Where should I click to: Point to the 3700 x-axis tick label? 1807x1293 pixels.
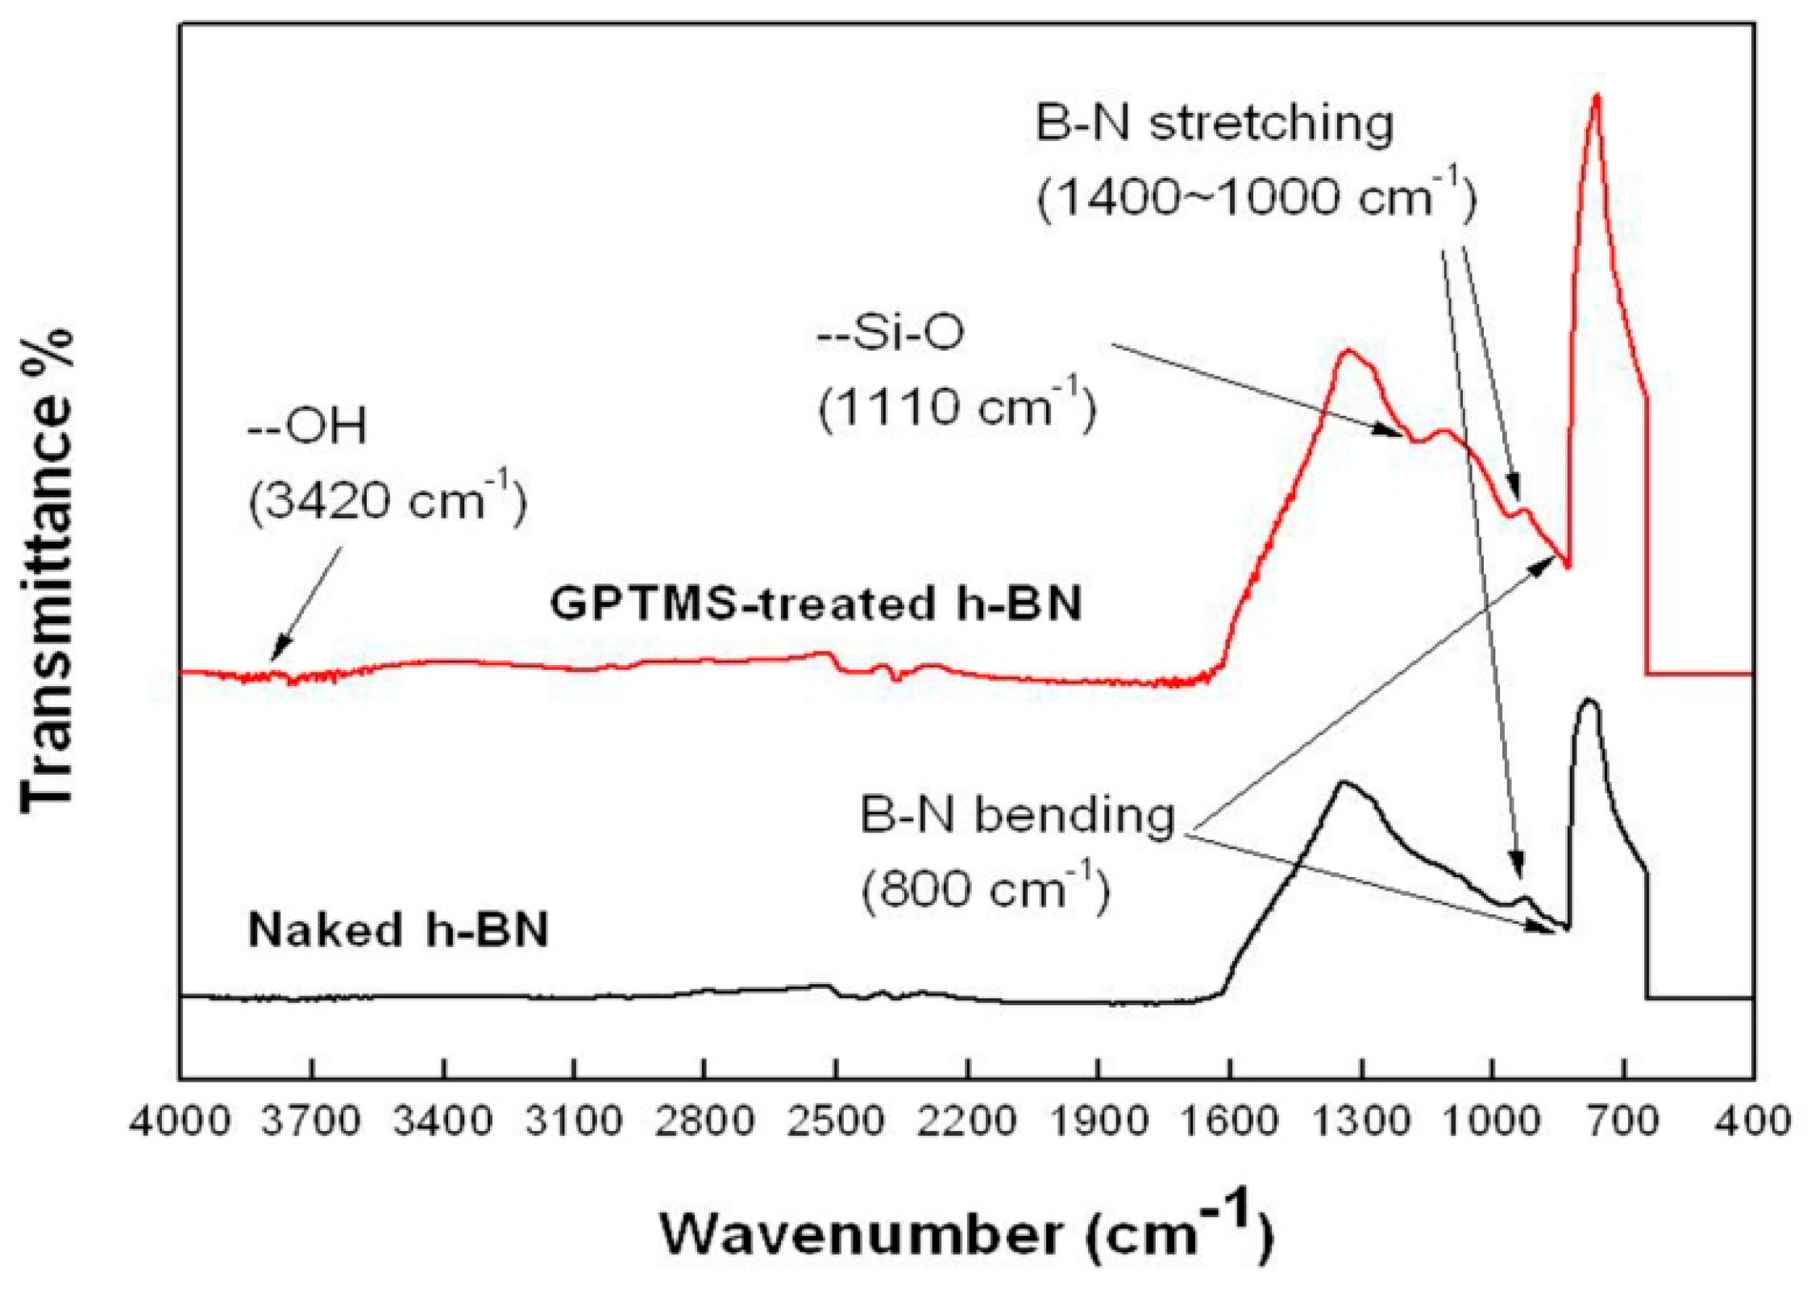[312, 1121]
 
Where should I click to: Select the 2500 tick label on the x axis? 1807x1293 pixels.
[836, 1121]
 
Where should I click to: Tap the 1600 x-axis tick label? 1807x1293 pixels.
[1228, 1121]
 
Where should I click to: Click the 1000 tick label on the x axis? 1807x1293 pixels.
[1491, 1121]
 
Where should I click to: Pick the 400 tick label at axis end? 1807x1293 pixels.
[1752, 1121]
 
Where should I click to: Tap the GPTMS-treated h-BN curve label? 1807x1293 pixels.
[815, 603]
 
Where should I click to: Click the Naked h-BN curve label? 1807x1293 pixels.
[398, 929]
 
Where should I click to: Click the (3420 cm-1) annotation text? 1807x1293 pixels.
[387, 501]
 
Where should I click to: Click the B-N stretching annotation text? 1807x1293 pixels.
[1214, 123]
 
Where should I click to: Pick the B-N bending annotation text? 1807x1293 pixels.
[1017, 815]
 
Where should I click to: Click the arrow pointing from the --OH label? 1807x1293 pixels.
[306, 605]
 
